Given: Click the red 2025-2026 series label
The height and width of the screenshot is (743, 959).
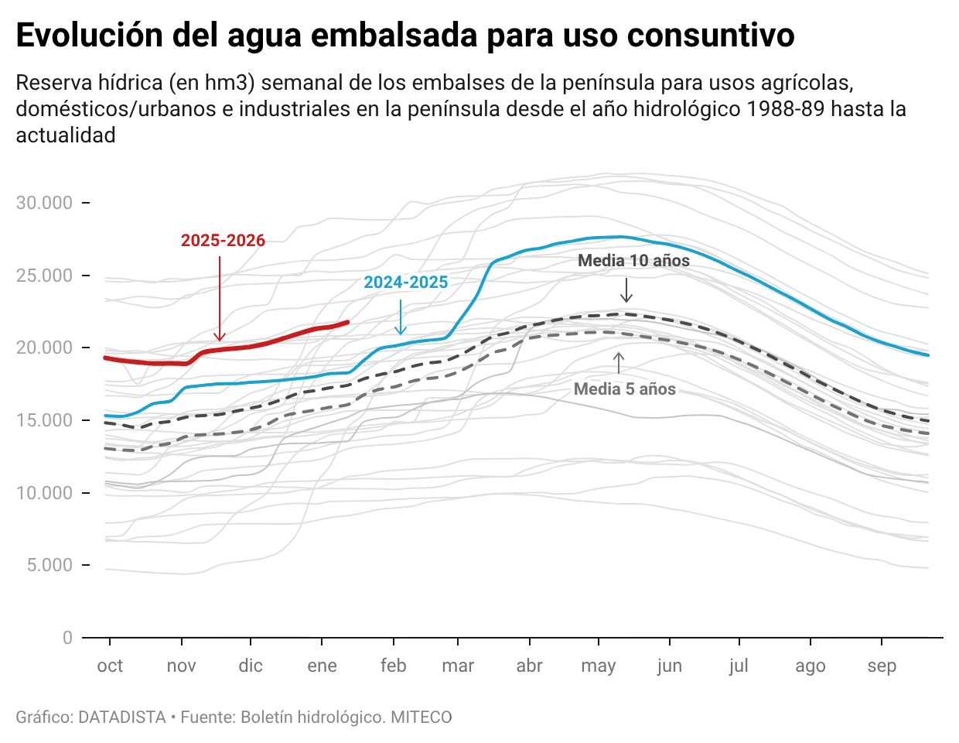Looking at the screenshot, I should coord(223,241).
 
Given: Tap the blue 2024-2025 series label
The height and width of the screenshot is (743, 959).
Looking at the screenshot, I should coord(406,282).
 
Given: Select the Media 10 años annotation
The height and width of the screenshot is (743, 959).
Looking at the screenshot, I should coord(633,261).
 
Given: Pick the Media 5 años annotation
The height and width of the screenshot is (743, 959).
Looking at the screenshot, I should coord(624,389).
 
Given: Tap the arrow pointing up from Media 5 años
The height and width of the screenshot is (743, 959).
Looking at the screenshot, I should coord(619,363).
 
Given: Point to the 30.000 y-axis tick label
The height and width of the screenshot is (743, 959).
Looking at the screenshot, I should coord(44,203).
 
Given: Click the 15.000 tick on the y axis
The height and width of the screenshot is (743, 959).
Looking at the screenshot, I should coord(44,420).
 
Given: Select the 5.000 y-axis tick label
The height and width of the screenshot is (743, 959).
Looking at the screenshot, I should coord(49,565).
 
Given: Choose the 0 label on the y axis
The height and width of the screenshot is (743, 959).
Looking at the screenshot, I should coord(67,638).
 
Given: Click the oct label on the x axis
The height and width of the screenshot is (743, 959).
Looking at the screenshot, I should coord(110,666).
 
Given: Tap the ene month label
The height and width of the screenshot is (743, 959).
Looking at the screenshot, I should coord(322,666).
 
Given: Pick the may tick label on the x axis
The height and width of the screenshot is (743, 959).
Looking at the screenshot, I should coord(598,666).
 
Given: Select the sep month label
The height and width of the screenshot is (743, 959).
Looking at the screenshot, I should coord(882,666).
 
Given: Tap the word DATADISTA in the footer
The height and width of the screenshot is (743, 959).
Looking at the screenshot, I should coord(122,717).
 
